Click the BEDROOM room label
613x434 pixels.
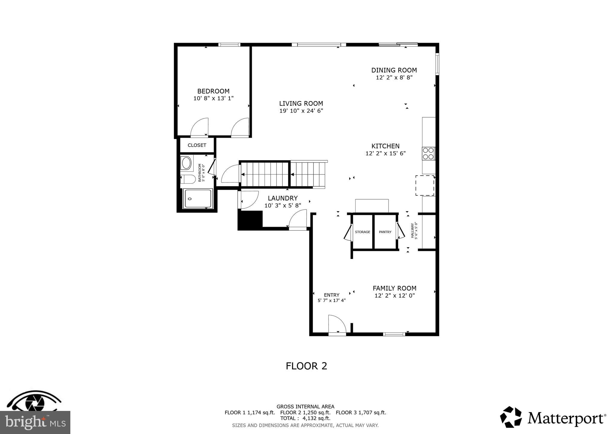213,91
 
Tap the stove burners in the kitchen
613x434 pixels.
428,153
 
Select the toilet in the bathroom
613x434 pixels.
188,179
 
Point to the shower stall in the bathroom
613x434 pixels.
198,198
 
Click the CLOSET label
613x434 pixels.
197,145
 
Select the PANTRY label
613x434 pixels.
385,232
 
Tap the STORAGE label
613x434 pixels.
362,232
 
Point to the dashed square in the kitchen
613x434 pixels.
425,186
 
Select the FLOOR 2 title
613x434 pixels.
306,366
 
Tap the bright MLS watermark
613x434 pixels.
35,422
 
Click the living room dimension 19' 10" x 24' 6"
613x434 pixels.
301,111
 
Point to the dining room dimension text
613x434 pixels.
394,78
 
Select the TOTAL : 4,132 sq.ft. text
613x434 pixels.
305,418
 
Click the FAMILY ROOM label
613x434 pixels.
394,288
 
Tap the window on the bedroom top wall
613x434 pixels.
229,45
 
